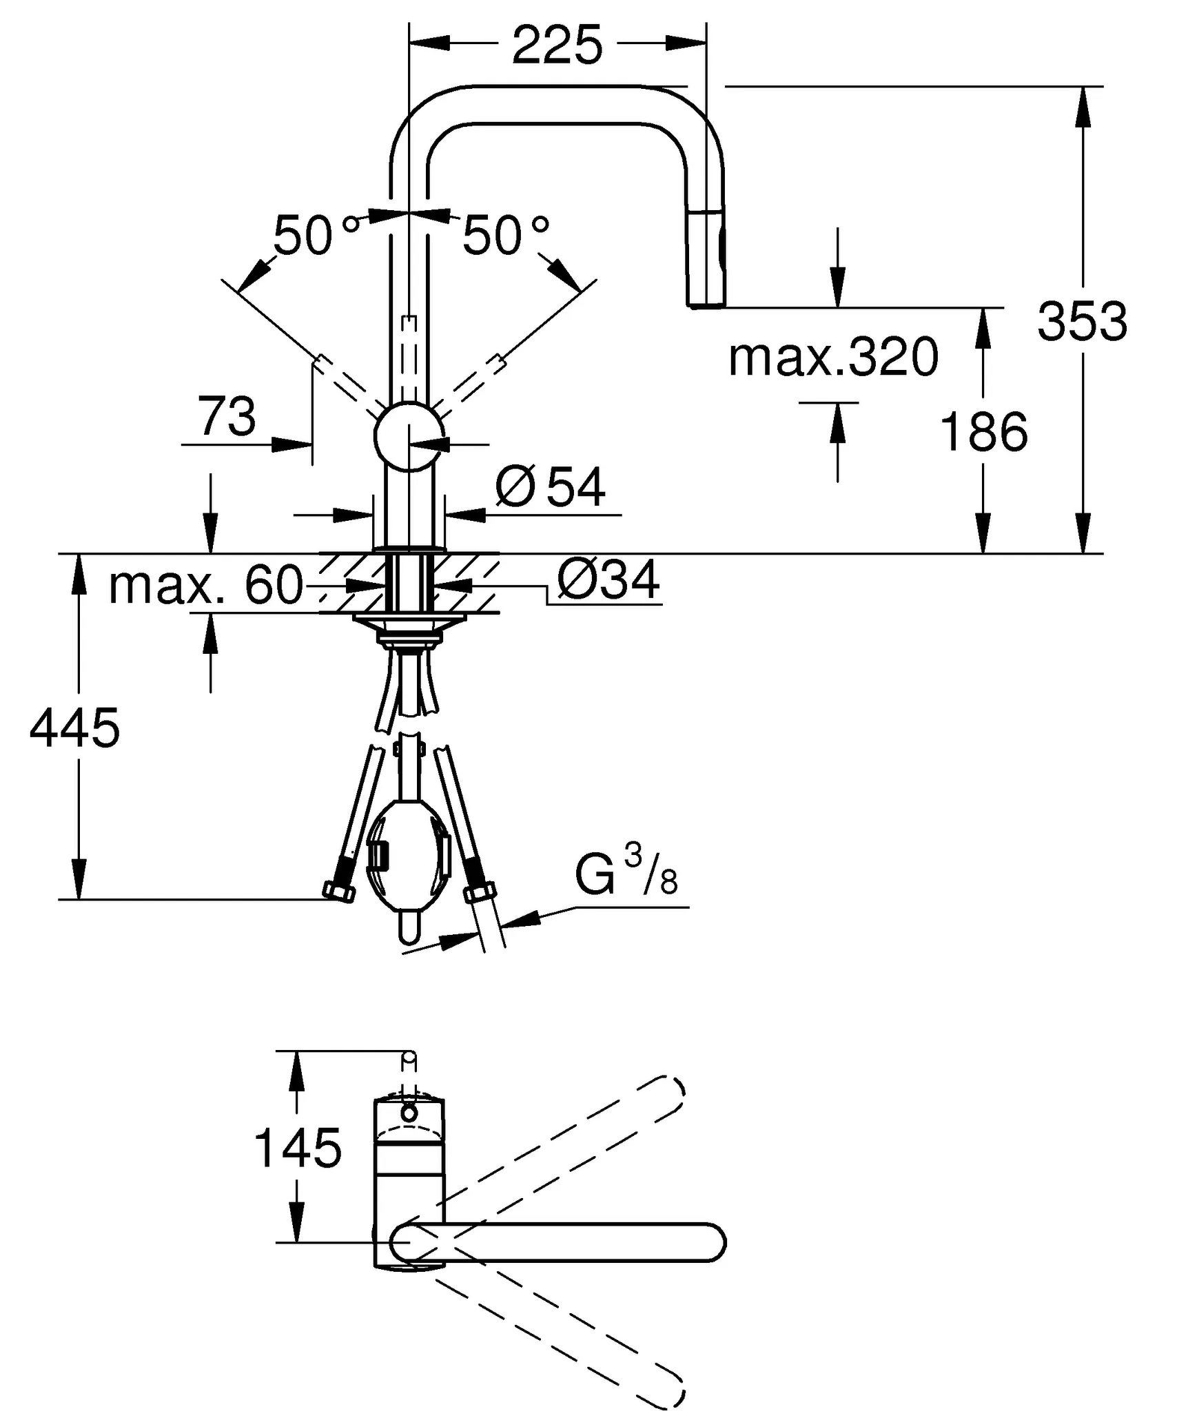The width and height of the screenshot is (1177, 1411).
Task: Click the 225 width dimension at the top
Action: [557, 46]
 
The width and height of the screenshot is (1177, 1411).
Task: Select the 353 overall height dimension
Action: [1082, 321]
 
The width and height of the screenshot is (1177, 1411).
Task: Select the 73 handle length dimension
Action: [226, 417]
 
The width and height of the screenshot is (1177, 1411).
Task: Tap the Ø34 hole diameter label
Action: [608, 579]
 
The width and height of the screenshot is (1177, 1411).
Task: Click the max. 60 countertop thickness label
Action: [205, 586]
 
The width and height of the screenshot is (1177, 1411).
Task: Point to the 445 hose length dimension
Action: [74, 728]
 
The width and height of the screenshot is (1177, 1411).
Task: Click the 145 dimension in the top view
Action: [298, 1148]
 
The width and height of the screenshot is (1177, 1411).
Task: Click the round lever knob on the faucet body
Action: [409, 436]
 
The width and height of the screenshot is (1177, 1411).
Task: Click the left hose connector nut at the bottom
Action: [339, 893]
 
